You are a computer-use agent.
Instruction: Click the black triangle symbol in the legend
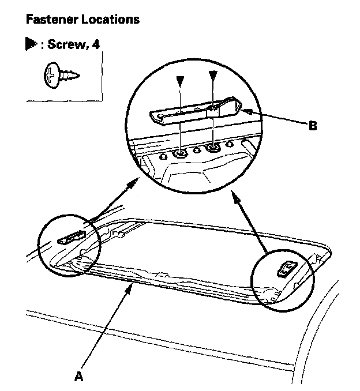point(31,44)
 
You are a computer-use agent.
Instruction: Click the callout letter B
point(313,125)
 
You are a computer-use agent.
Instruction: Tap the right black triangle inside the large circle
point(213,75)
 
